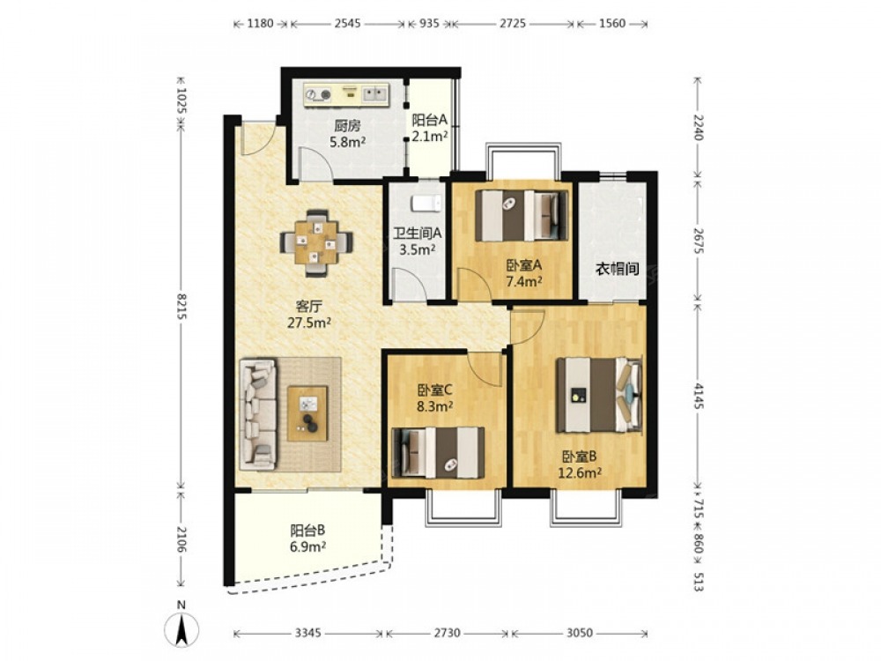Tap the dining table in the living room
coord(316,243)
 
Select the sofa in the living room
coord(258,415)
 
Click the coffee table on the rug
coord(307,413)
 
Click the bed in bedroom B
coord(599,395)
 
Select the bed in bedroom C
coord(438,453)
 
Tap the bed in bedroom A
coord(522,216)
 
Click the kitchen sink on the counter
coord(374,93)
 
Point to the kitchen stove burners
coord(318,95)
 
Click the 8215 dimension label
coord(181,306)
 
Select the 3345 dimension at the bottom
coord(307,634)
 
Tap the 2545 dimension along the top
coord(347,24)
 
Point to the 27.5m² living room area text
coord(309,323)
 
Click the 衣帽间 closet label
coord(618,269)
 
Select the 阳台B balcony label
coord(307,530)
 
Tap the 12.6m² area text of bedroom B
coord(580,472)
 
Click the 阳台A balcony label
coord(430,120)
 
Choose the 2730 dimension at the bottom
coord(448,634)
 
